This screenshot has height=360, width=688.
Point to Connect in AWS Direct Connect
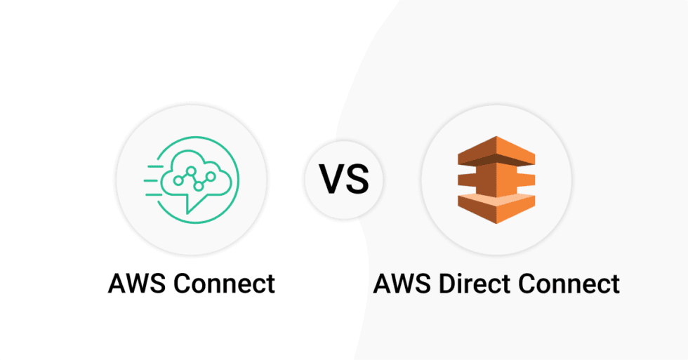[x=570, y=284]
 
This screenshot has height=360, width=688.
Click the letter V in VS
[x=333, y=179]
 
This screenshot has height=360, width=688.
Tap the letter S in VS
[x=357, y=179]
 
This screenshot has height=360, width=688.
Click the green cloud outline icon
[x=191, y=175]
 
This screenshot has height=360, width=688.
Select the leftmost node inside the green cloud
[x=178, y=180]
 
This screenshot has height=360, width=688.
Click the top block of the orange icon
[x=496, y=149]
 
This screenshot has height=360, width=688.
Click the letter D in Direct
[x=446, y=284]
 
